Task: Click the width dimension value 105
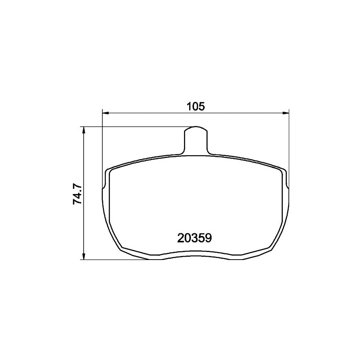(195, 107)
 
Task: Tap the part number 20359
(194, 238)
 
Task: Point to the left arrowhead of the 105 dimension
(105, 113)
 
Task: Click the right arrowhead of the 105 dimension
(286, 113)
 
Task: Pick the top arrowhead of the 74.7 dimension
(84, 130)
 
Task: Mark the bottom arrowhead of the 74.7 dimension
(84, 256)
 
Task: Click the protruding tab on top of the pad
(196, 140)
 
